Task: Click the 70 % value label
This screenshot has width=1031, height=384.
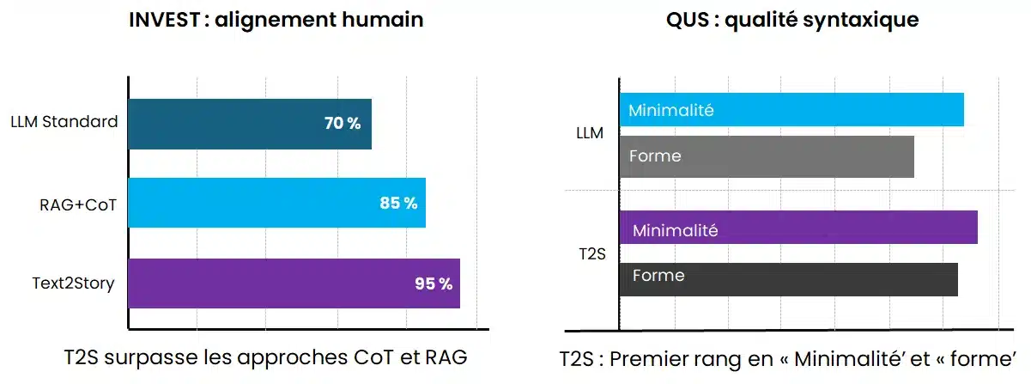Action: tap(343, 124)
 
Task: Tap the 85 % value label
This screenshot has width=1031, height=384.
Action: tap(398, 204)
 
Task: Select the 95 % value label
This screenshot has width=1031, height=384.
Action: tap(433, 283)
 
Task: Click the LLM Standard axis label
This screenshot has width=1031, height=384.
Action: tap(64, 122)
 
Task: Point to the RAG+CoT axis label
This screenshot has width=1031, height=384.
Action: tap(77, 204)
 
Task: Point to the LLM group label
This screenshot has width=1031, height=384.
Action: tap(590, 133)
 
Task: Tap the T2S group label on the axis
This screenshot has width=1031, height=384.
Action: tap(590, 254)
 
